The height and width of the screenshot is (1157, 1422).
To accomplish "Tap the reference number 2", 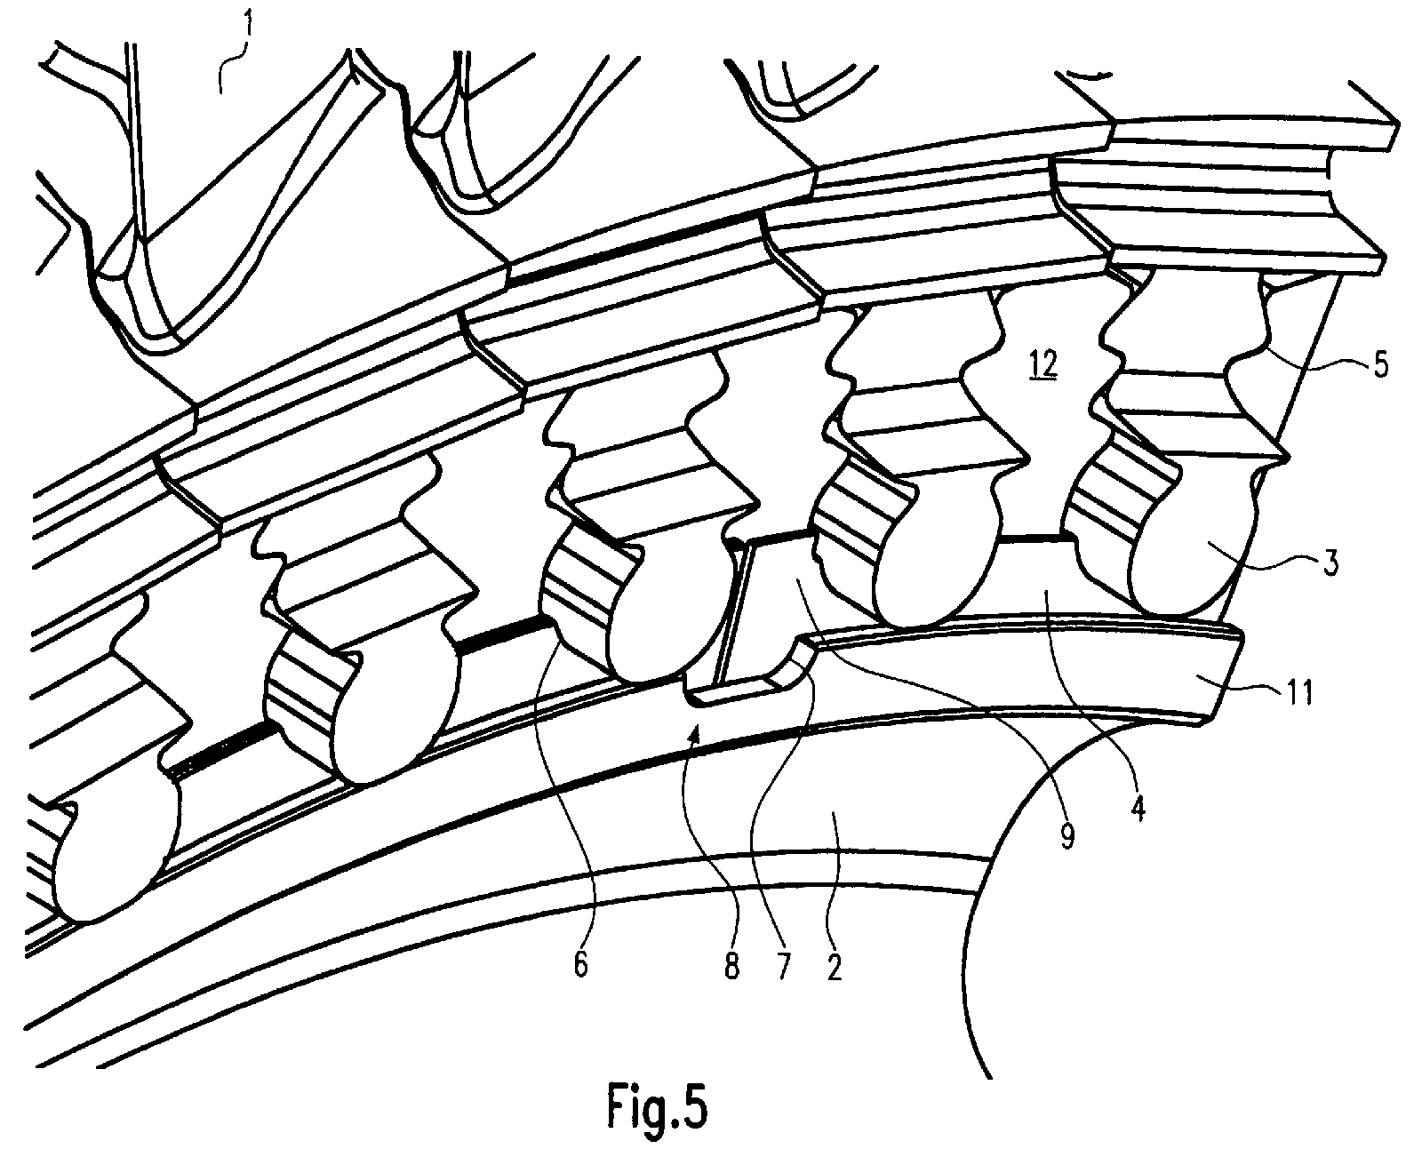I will [834, 967].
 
